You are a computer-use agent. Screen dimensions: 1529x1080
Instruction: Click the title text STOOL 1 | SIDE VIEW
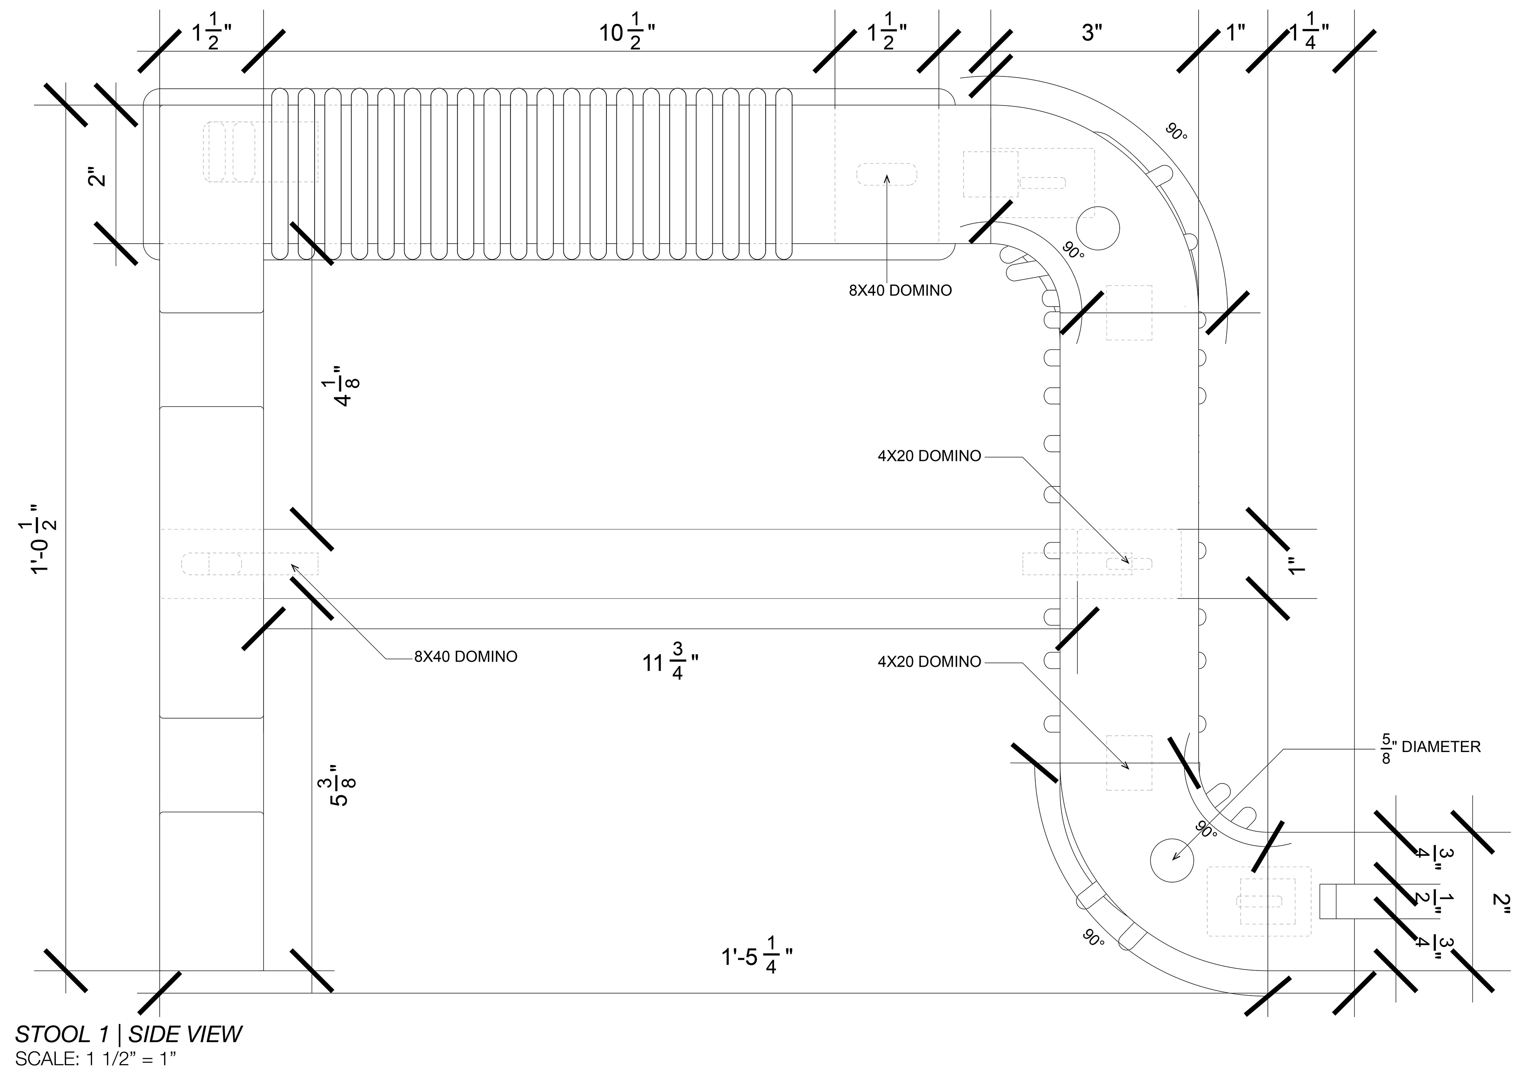coord(129,1034)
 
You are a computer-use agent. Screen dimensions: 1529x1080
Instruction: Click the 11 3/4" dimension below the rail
coord(670,660)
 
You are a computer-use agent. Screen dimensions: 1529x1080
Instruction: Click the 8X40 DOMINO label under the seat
coord(900,290)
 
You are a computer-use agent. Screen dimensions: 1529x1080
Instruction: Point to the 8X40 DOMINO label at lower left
coord(465,656)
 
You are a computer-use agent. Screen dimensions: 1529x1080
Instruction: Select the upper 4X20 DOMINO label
coord(929,456)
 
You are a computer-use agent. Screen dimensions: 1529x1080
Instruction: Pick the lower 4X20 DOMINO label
coord(929,662)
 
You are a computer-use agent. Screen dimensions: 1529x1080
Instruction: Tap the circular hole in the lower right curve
coord(1172,860)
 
